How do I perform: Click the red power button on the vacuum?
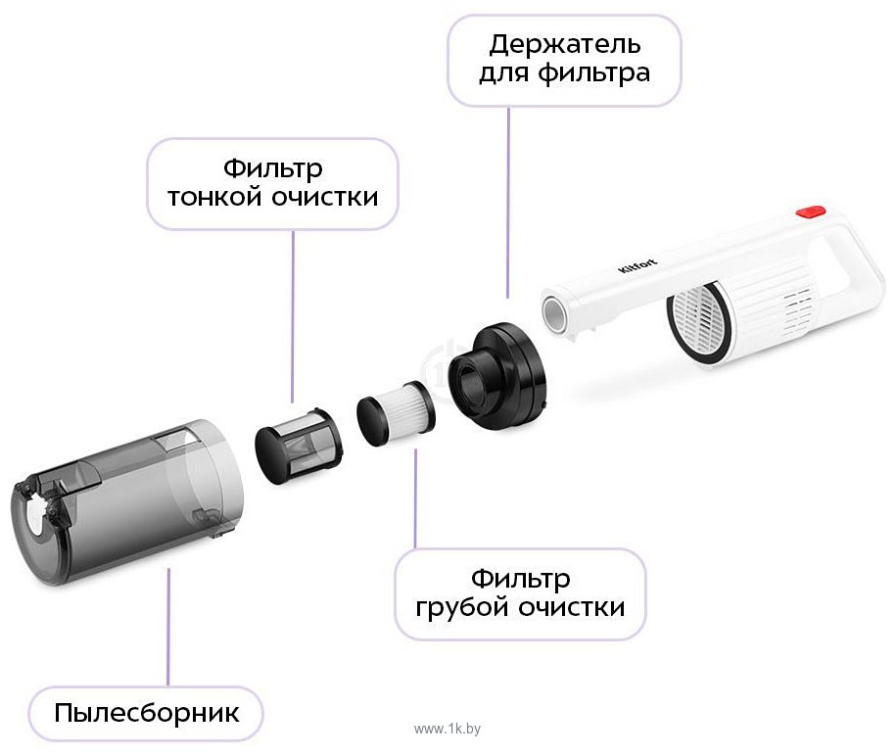click(x=810, y=212)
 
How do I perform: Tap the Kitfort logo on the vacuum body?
click(x=637, y=265)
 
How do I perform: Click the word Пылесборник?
click(x=147, y=713)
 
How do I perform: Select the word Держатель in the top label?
click(x=565, y=45)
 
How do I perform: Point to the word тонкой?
click(x=215, y=197)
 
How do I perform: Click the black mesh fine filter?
click(x=299, y=446)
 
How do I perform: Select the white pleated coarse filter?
click(x=396, y=413)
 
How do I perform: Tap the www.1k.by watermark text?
click(x=448, y=729)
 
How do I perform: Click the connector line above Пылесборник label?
click(x=168, y=627)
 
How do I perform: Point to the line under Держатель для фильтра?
click(x=508, y=203)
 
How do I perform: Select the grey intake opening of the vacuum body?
click(x=553, y=313)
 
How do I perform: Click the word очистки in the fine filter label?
click(x=324, y=197)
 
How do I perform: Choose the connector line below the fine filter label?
click(x=293, y=316)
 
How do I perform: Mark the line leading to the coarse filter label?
click(x=415, y=498)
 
